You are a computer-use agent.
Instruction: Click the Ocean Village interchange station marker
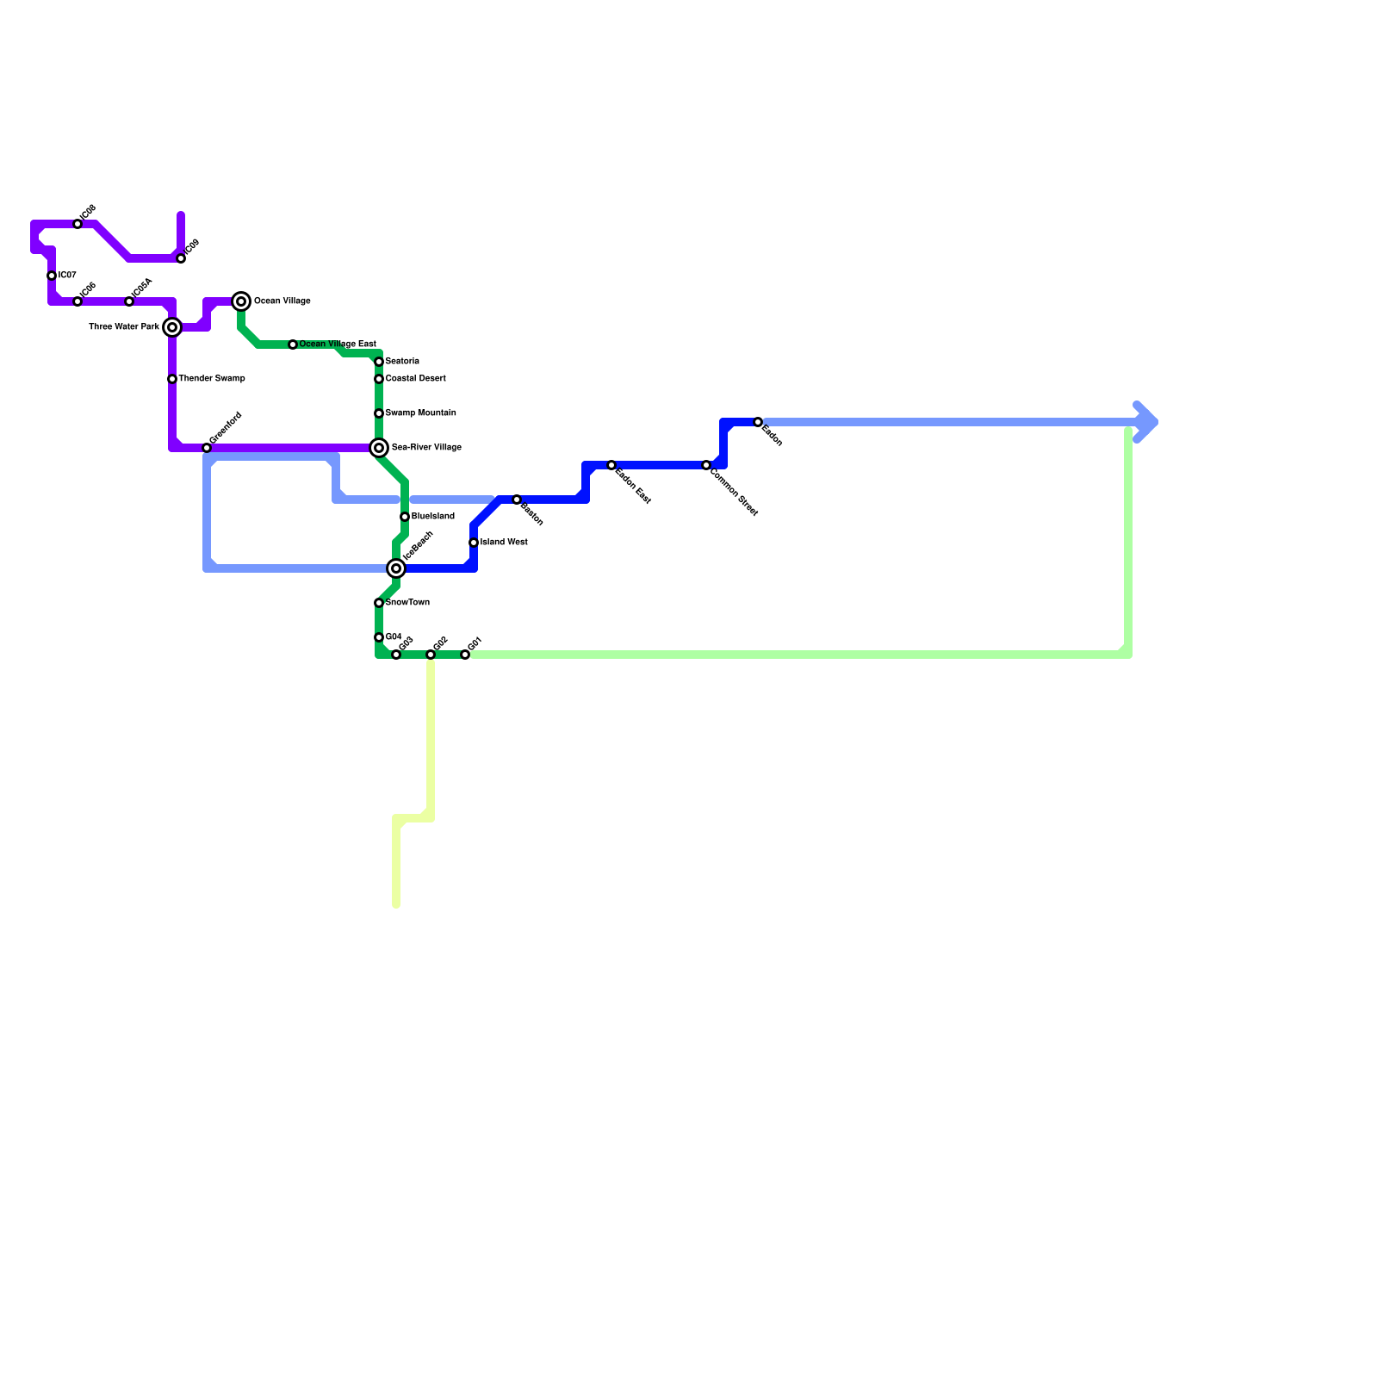click(x=241, y=301)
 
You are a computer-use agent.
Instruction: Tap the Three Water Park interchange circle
click(x=172, y=327)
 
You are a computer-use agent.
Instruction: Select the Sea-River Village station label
click(x=426, y=448)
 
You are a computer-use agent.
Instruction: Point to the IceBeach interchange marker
click(x=396, y=568)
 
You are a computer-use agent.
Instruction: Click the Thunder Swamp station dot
click(x=172, y=379)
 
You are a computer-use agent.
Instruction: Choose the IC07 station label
click(x=67, y=276)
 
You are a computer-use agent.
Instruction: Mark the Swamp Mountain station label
click(x=420, y=413)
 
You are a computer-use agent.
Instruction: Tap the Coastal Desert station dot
click(x=379, y=379)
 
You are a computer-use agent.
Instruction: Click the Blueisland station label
click(x=432, y=517)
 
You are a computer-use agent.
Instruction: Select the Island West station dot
click(x=474, y=543)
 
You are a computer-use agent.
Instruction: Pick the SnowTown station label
click(x=407, y=603)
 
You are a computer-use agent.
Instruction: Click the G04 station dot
click(x=379, y=637)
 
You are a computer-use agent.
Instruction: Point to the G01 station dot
click(x=465, y=655)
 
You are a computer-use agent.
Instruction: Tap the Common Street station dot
click(x=706, y=465)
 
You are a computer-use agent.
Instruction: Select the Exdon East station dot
click(x=611, y=465)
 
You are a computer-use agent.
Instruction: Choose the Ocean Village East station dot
click(x=293, y=344)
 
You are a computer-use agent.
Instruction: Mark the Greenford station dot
click(x=207, y=448)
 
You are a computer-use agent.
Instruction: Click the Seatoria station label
click(x=402, y=362)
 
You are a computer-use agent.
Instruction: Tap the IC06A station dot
click(x=129, y=301)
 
